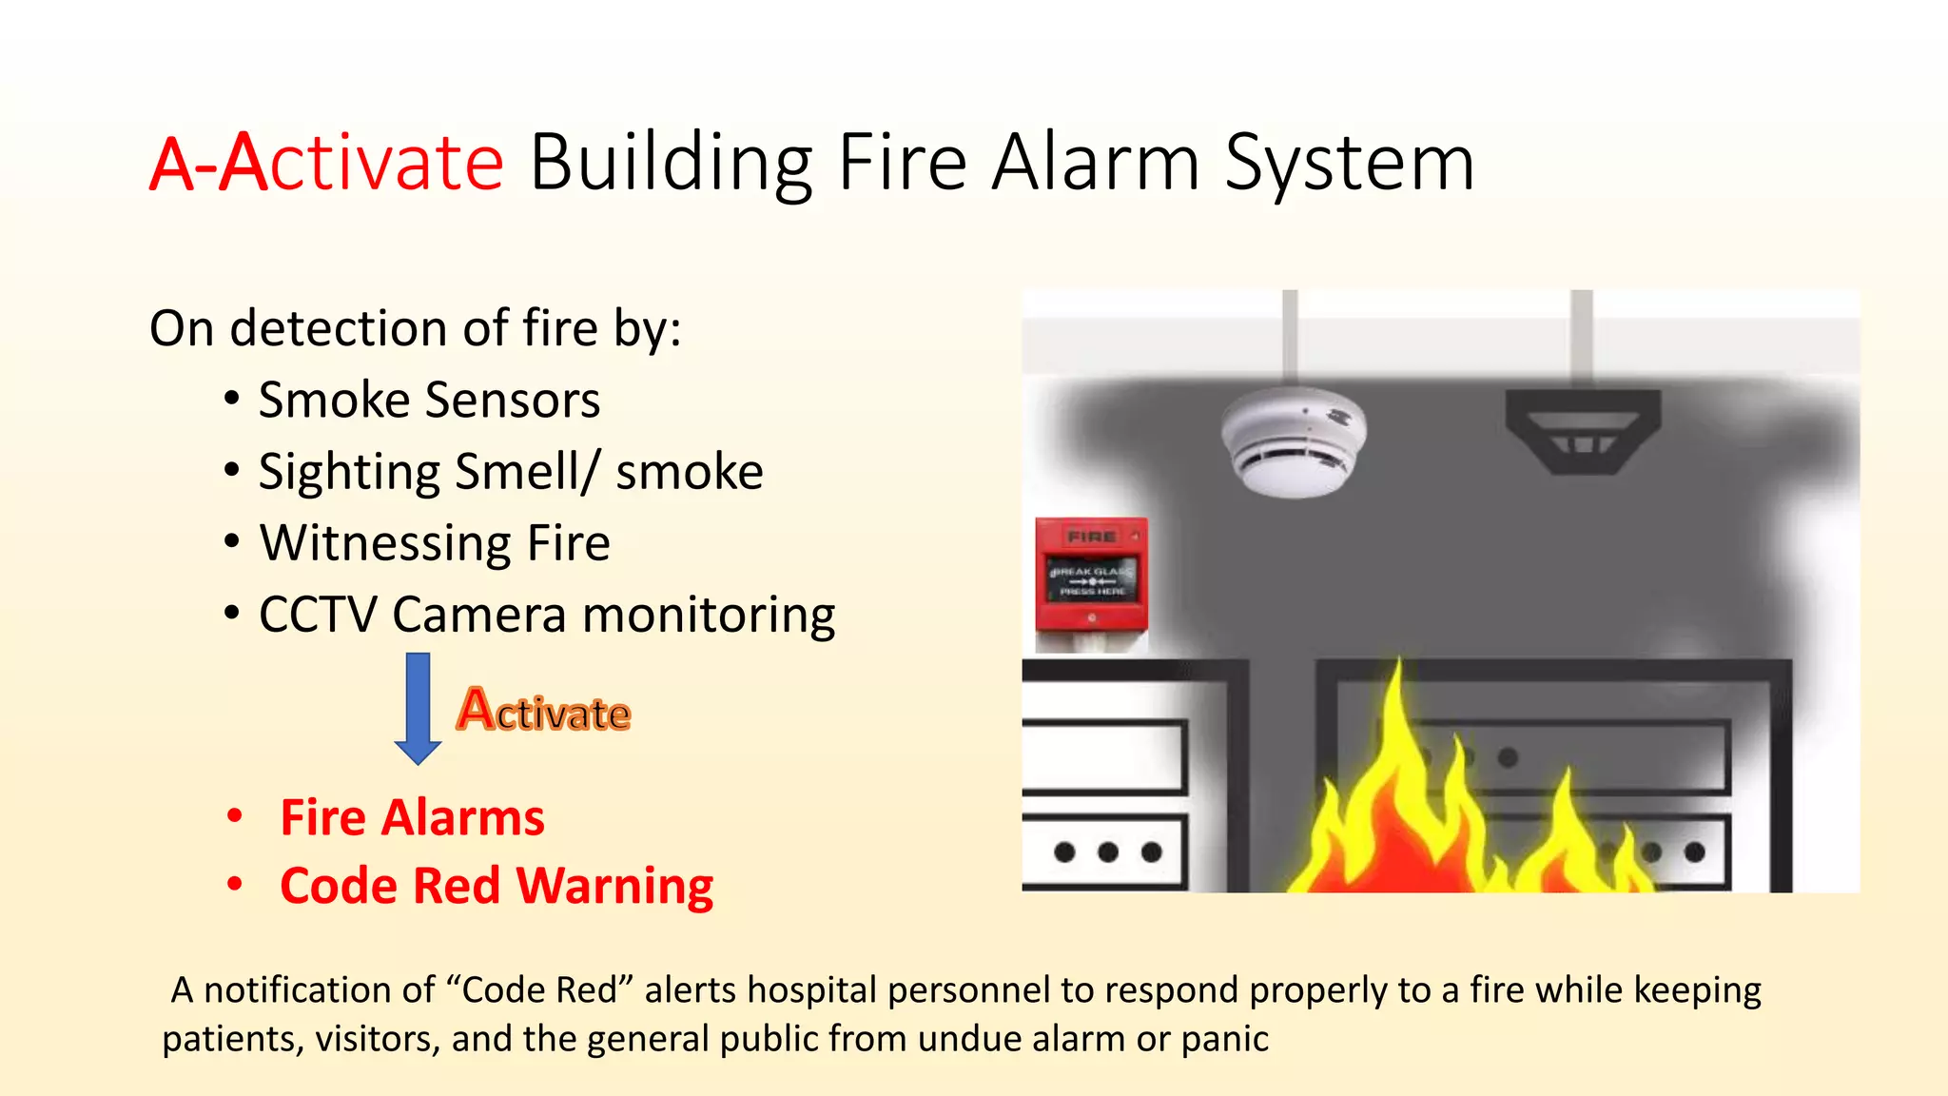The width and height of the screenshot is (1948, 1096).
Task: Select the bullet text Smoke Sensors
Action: pos(429,400)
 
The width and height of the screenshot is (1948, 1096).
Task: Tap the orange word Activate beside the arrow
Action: pos(543,711)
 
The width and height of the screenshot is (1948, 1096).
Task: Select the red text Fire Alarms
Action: pos(412,818)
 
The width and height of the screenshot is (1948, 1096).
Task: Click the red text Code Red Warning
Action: pos(497,887)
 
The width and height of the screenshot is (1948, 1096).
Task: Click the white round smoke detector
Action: pos(1294,440)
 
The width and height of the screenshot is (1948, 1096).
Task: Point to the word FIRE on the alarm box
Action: pos(1091,538)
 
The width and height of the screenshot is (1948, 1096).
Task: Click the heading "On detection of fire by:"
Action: pos(416,328)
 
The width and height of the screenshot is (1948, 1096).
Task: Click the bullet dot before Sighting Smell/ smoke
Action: pos(232,470)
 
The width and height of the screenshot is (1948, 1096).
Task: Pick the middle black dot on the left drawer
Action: pos(1108,851)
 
